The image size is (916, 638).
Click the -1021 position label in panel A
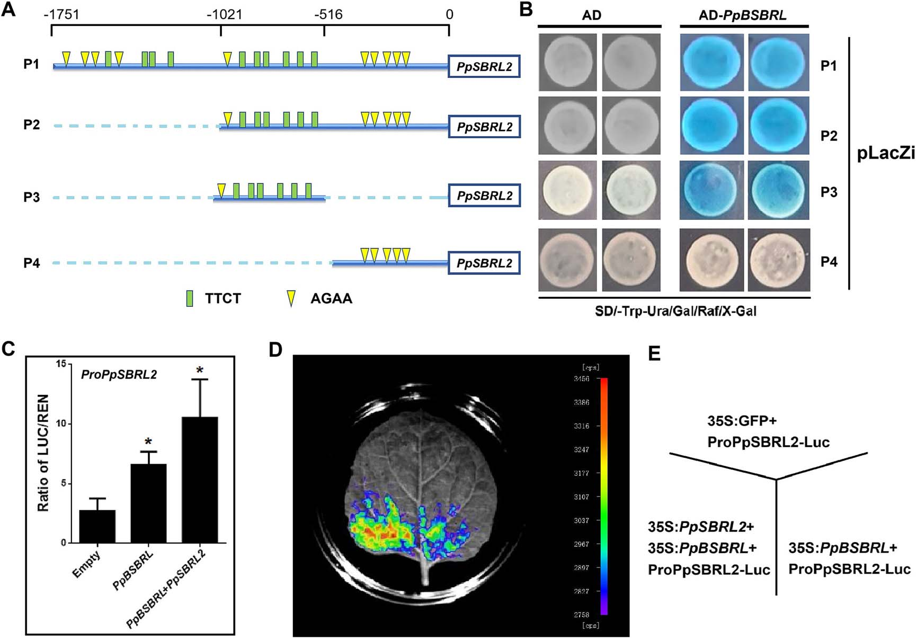(x=224, y=14)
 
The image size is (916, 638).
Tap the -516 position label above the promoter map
(x=328, y=14)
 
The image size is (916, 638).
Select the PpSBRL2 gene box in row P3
(x=484, y=196)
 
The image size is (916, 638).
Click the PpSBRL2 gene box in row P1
(x=484, y=67)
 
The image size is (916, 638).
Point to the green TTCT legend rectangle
(x=190, y=298)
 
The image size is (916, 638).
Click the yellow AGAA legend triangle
(x=290, y=298)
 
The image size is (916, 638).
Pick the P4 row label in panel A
(x=31, y=263)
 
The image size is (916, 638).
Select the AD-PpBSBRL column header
(x=742, y=15)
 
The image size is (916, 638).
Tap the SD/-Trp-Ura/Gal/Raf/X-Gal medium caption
(x=675, y=311)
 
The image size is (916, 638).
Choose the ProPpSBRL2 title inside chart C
(x=119, y=375)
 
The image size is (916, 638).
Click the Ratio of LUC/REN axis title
(x=43, y=453)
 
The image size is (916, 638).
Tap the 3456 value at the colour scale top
(x=581, y=379)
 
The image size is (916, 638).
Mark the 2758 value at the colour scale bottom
(x=581, y=615)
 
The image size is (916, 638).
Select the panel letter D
(x=276, y=351)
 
